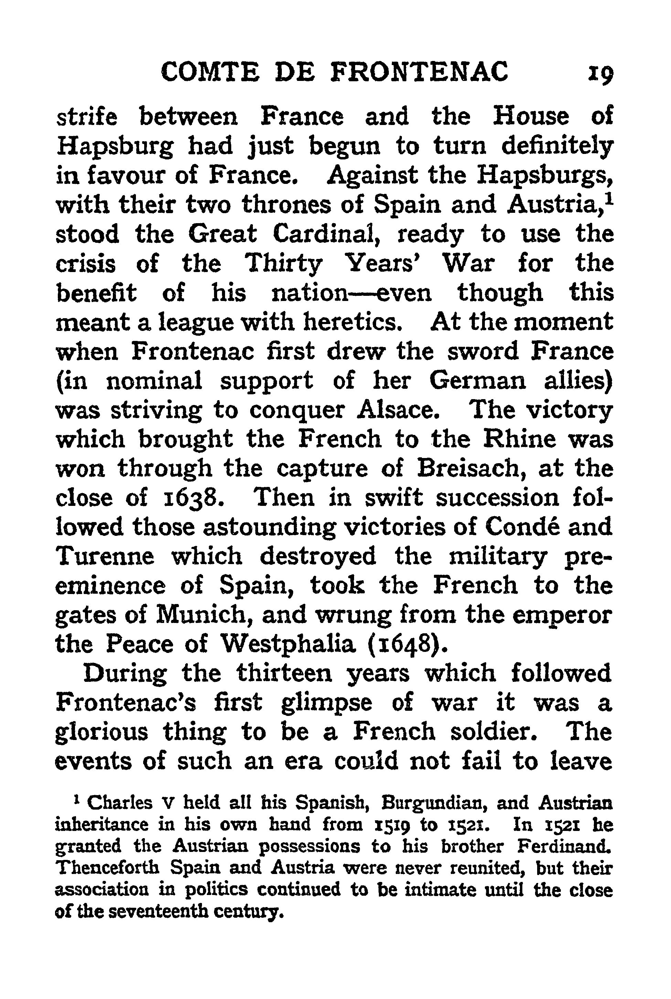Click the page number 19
click(x=601, y=73)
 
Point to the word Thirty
click(x=284, y=264)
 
